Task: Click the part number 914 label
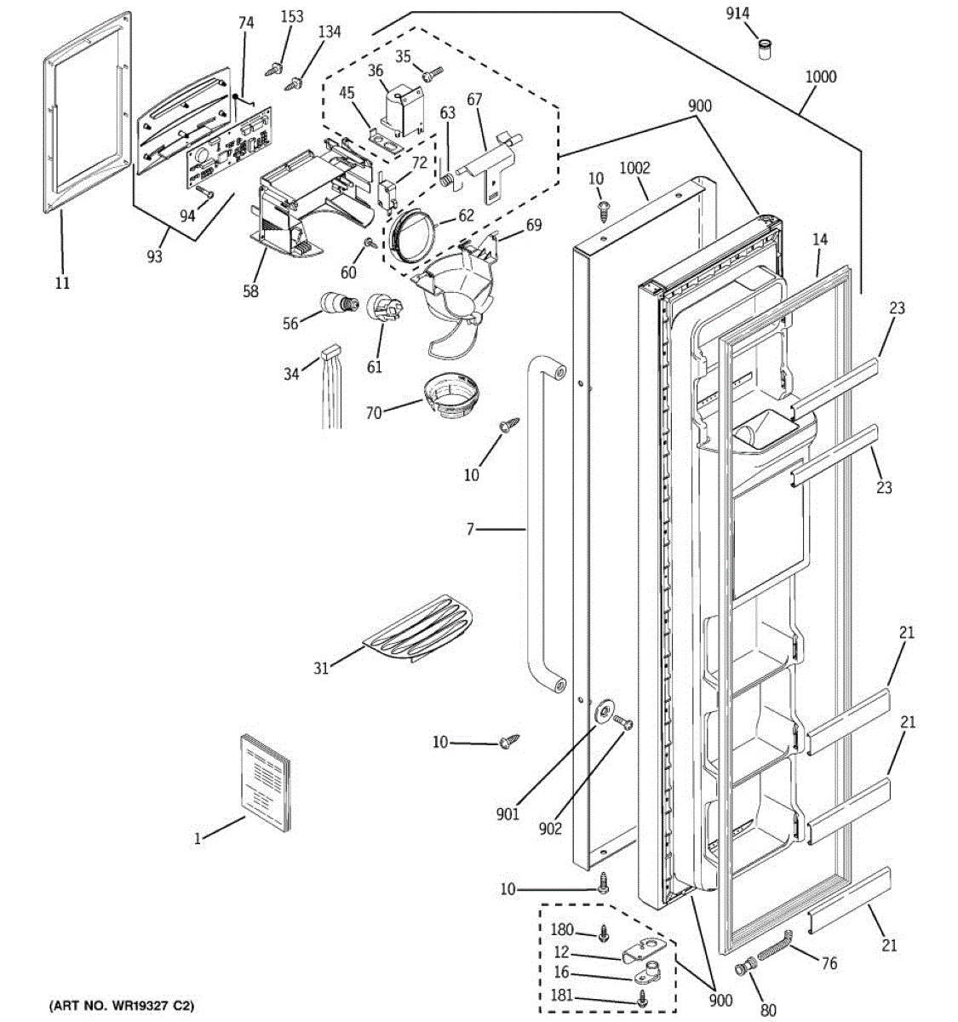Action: click(737, 14)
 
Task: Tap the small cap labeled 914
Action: click(766, 49)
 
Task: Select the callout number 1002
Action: click(634, 168)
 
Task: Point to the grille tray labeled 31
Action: click(418, 629)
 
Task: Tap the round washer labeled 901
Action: click(604, 712)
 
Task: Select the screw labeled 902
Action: click(622, 721)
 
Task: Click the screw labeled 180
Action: click(604, 933)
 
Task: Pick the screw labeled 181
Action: click(641, 997)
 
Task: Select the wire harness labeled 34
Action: click(331, 387)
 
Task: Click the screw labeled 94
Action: click(205, 193)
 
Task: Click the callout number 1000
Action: click(821, 78)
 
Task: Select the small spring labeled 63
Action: click(449, 179)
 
